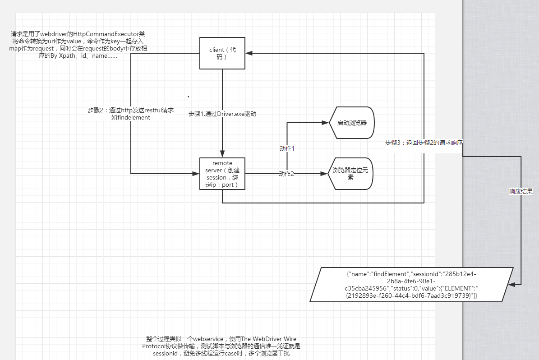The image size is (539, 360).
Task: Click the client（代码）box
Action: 222,53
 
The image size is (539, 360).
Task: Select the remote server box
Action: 222,174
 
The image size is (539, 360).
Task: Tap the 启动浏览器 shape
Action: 352,123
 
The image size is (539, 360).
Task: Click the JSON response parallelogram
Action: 411,284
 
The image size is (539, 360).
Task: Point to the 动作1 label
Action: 287,148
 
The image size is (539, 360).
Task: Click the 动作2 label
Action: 286,174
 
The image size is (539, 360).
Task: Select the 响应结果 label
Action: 521,191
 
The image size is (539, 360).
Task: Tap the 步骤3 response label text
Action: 424,143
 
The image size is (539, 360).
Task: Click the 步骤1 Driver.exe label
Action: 222,114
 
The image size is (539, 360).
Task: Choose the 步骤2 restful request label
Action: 131,114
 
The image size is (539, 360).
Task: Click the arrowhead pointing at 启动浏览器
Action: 324,123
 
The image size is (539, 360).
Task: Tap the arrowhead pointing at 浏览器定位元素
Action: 324,174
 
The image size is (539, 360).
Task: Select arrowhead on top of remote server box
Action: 222,154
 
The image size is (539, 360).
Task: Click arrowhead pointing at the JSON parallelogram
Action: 517,284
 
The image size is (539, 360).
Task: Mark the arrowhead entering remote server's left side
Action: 196,174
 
